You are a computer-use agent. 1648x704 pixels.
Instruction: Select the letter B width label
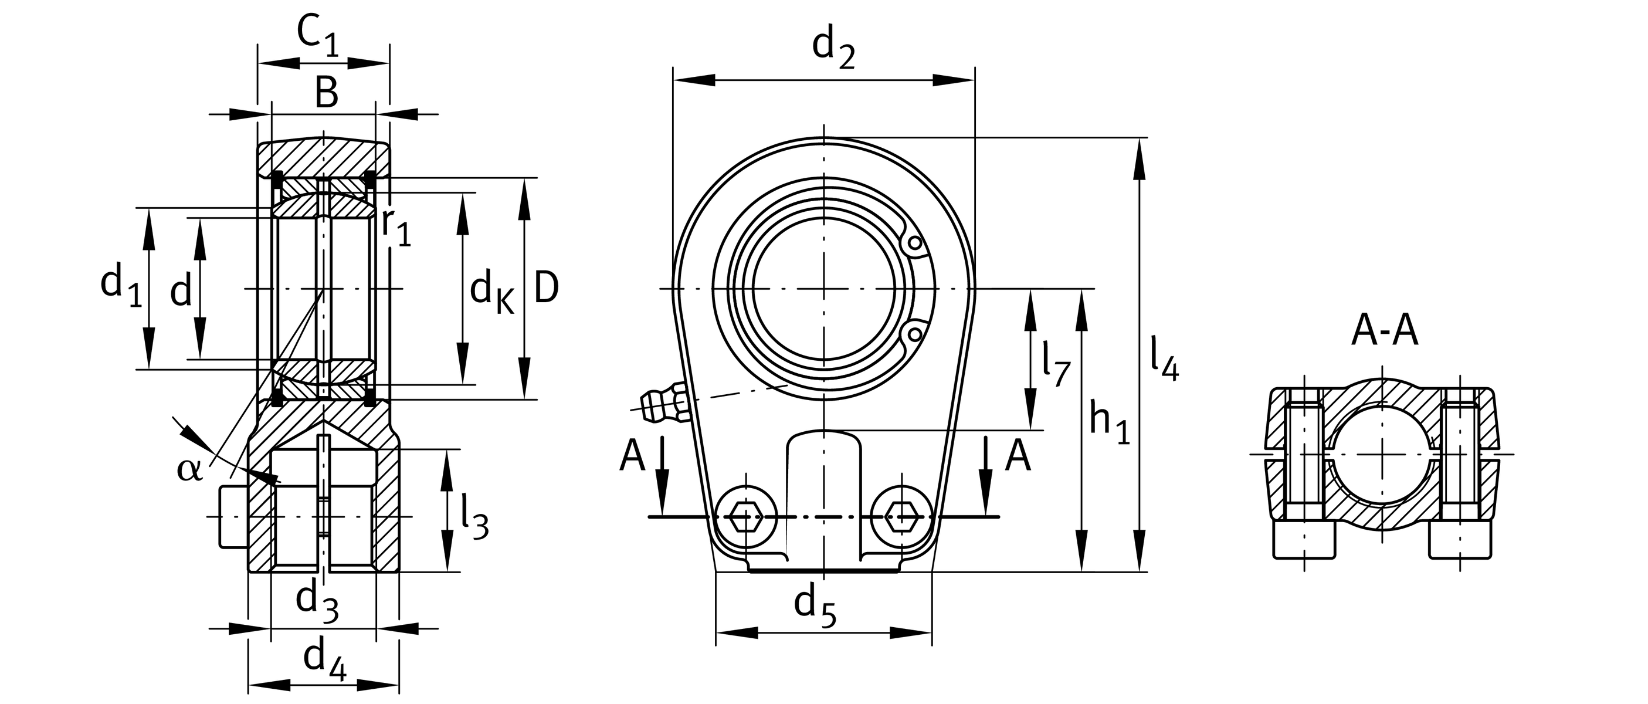(326, 93)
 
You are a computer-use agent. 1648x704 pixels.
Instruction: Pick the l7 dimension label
(1055, 364)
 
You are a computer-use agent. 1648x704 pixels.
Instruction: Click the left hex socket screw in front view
(746, 516)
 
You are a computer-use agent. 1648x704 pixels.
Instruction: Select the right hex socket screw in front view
(902, 516)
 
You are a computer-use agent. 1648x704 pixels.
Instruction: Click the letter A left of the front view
(632, 457)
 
